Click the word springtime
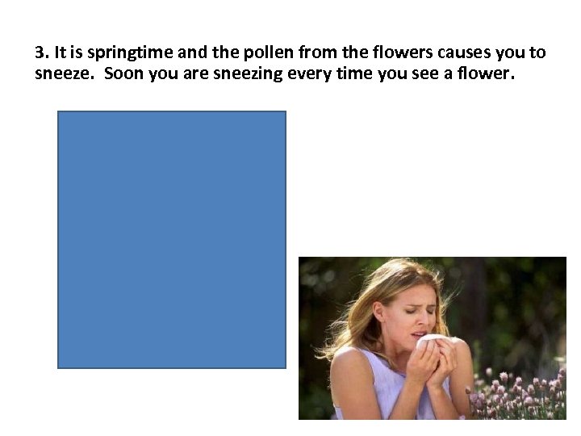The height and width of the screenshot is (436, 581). [124, 54]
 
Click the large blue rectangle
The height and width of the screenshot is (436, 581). [171, 240]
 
